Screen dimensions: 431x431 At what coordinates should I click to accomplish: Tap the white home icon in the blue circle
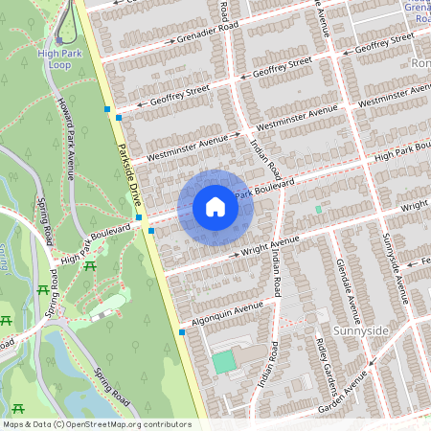pos(215,206)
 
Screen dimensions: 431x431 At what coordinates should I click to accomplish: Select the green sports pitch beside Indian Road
pos(223,362)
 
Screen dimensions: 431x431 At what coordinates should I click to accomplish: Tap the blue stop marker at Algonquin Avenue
pos(182,332)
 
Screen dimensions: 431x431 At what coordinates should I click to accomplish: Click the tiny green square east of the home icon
pos(318,209)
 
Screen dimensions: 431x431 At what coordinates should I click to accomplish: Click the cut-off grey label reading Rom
pos(420,62)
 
